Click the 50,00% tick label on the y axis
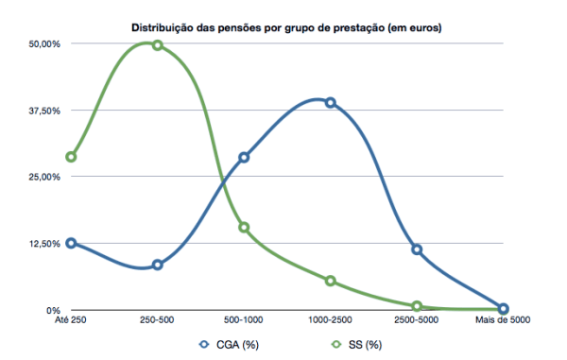click(x=44, y=44)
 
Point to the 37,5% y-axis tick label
click(x=44, y=111)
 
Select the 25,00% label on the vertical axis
click(x=44, y=177)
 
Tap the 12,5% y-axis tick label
click(x=44, y=244)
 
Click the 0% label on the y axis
click(x=53, y=310)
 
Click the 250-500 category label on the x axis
click(x=157, y=320)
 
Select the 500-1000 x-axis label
click(x=244, y=320)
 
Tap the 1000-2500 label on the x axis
click(x=330, y=320)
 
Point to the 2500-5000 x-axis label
click(x=417, y=320)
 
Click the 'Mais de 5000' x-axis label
click(x=502, y=320)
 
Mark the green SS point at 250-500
click(x=158, y=45)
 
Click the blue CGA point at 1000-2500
click(x=331, y=103)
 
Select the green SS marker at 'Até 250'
click(x=71, y=157)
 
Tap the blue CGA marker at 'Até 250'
click(x=71, y=243)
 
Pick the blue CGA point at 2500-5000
click(x=417, y=249)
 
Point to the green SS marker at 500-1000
click(x=244, y=227)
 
